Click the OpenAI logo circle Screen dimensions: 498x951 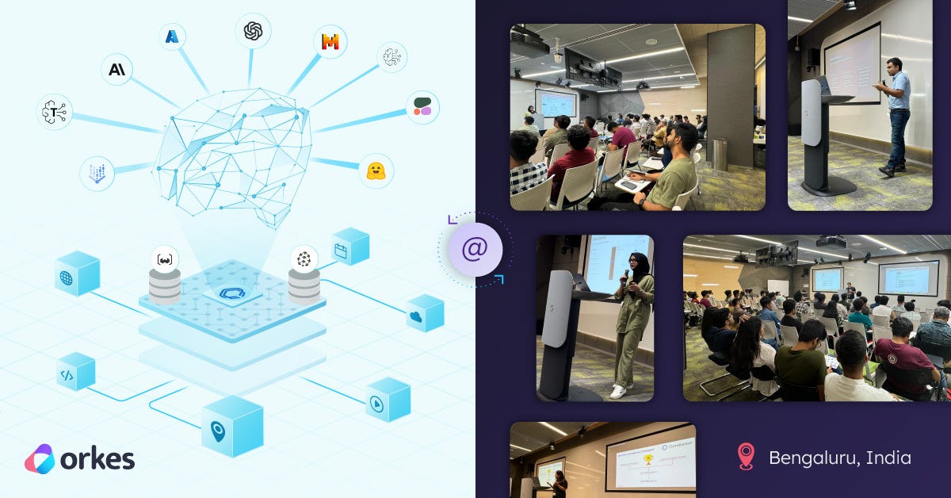tap(253, 31)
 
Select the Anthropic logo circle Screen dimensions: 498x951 tap(116, 70)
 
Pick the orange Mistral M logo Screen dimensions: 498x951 tap(330, 41)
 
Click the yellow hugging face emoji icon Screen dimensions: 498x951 tap(376, 170)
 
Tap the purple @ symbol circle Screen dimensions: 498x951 tap(474, 249)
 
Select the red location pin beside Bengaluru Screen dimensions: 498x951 tap(745, 457)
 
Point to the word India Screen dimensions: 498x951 tap(888, 458)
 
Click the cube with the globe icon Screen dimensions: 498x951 tap(78, 274)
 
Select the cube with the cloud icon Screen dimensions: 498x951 tap(425, 313)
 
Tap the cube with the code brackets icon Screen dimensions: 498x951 tap(75, 373)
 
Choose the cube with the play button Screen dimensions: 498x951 tap(388, 399)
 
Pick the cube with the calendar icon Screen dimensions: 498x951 tap(350, 247)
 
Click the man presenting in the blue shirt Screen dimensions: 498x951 tap(896, 114)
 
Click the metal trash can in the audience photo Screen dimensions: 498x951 tap(720, 155)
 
